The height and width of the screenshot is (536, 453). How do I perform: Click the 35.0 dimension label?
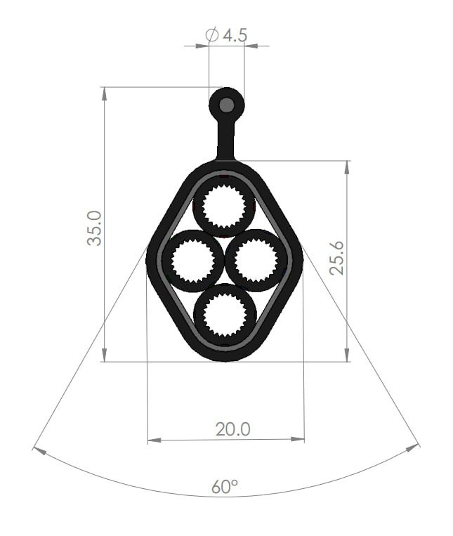pyautogui.click(x=94, y=228)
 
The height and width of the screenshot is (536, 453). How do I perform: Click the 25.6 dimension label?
pyautogui.click(x=337, y=258)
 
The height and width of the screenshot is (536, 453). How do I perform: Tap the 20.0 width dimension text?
pyautogui.click(x=233, y=429)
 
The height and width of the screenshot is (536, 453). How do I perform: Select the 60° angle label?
pyautogui.click(x=225, y=486)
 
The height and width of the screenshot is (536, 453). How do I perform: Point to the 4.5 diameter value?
pyautogui.click(x=235, y=35)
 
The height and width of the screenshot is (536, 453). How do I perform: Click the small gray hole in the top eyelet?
pyautogui.click(x=226, y=105)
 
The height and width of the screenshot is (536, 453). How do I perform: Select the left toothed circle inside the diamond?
pyautogui.click(x=192, y=261)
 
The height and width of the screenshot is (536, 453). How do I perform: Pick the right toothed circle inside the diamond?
pyautogui.click(x=256, y=261)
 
